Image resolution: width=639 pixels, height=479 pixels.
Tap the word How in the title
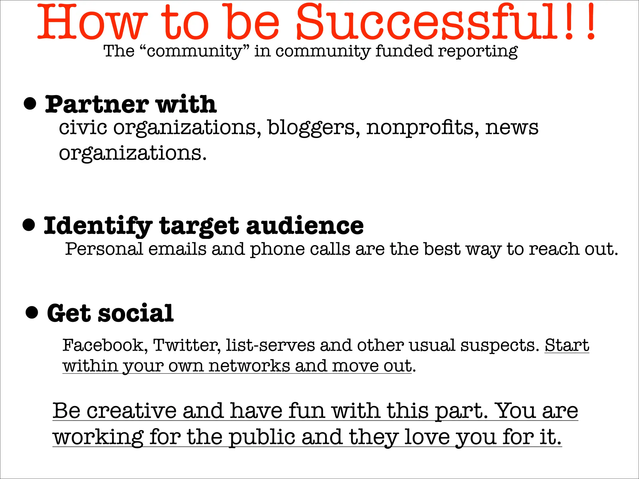92,22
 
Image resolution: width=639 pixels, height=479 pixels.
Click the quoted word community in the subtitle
194,51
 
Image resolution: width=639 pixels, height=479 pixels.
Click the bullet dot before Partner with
30,104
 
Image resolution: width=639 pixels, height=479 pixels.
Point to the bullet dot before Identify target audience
29,225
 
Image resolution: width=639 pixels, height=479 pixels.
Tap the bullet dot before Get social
32,312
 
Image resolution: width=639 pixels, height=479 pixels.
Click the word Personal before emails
104,249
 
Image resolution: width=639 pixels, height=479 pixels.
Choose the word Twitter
187,345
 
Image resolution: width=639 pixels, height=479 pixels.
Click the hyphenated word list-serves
270,345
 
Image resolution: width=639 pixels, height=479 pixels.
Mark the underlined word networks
249,366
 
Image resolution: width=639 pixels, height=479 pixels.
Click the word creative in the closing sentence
131,411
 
